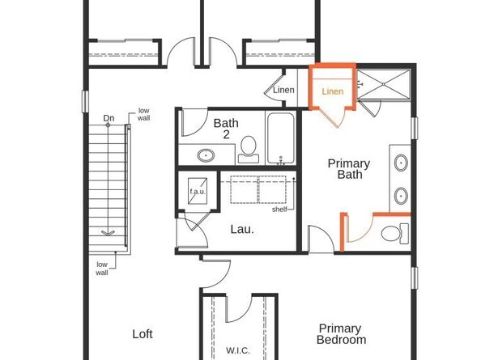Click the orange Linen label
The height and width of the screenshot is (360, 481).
coord(333,91)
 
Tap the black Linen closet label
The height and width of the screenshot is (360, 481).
coord(283,90)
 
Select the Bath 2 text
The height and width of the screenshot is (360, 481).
coord(226,129)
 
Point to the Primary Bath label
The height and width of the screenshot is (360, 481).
coord(348,168)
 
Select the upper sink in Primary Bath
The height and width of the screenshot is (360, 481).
coord(401,163)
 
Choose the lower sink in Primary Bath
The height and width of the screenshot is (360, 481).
coord(401,195)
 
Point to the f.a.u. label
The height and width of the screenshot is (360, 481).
coord(198,192)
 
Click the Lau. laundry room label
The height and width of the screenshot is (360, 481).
coord(241,229)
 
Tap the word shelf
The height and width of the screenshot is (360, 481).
coord(280,210)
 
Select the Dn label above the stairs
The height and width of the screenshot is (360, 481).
coord(109,119)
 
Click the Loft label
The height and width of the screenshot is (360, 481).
coord(143,333)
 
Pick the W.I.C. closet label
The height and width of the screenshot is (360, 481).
coord(237,351)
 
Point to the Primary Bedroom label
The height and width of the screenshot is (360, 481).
coord(342,333)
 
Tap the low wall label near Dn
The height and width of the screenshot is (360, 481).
coord(143,114)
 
